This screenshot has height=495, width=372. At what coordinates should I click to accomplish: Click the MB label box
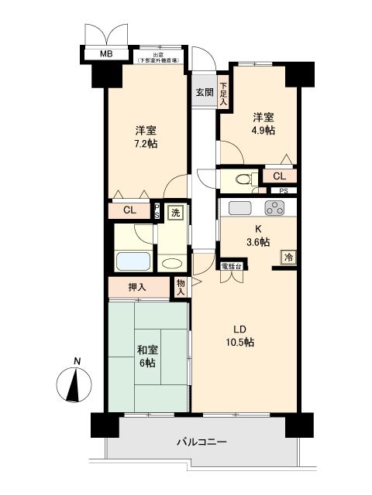[103, 54]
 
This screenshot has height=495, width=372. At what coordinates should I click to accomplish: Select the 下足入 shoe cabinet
[223, 94]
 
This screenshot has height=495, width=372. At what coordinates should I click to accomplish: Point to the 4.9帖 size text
[262, 131]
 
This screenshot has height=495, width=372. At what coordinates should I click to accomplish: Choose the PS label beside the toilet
[284, 191]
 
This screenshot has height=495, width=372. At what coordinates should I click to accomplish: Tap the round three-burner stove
[274, 207]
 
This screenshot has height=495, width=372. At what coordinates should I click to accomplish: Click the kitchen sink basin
[239, 207]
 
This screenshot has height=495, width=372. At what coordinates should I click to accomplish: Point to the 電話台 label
[232, 265]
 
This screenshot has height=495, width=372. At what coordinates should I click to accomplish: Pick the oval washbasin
[171, 261]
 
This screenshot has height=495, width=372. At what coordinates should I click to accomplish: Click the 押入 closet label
[137, 287]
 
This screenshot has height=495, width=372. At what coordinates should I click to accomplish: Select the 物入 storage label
[181, 287]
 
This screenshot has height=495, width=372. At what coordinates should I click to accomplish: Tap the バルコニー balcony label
[201, 442]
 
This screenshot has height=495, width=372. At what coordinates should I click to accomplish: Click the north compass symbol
[76, 384]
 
